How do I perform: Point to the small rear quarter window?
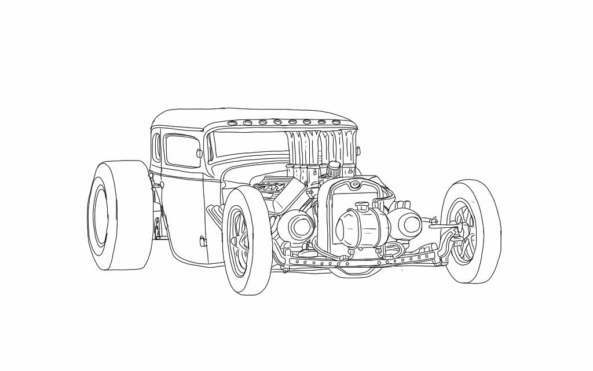[x=156, y=146]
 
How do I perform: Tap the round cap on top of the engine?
[x=334, y=168]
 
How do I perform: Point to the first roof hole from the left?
[x=233, y=122]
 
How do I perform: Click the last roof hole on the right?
[x=336, y=122]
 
